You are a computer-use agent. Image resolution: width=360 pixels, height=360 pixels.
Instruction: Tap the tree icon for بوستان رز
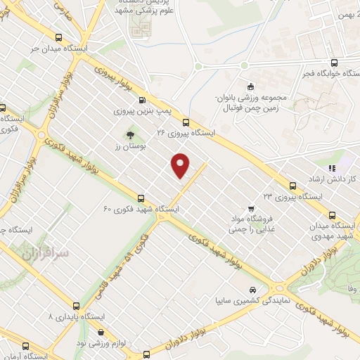point(129,134)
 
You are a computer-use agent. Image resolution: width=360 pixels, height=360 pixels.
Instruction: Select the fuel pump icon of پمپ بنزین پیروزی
point(143,101)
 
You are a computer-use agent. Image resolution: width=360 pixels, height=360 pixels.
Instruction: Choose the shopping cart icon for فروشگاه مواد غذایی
point(251,209)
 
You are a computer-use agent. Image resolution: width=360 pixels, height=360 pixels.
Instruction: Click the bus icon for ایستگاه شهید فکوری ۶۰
point(141,198)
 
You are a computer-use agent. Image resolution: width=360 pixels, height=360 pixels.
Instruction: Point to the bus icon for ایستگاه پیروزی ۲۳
point(293,185)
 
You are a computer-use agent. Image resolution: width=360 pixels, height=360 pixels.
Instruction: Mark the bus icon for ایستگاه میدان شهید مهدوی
point(332,217)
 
